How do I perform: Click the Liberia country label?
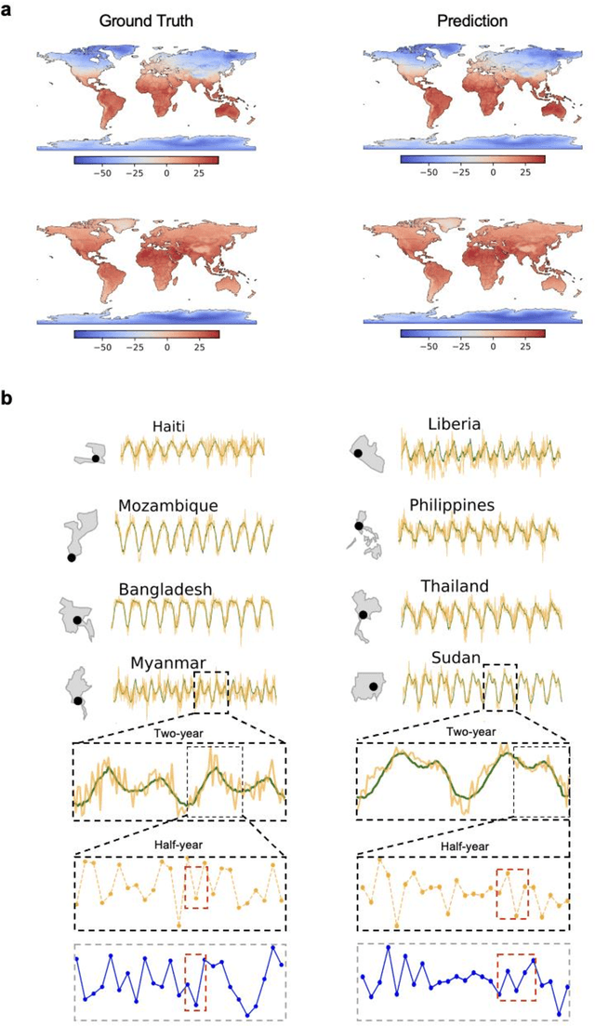coord(454,424)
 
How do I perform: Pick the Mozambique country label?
coord(167,506)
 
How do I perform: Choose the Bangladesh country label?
coord(166,589)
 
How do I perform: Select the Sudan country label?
coord(455,659)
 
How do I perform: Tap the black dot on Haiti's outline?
coord(96,459)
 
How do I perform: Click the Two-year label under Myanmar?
coord(178,730)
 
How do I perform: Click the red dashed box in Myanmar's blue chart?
coord(195,981)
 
